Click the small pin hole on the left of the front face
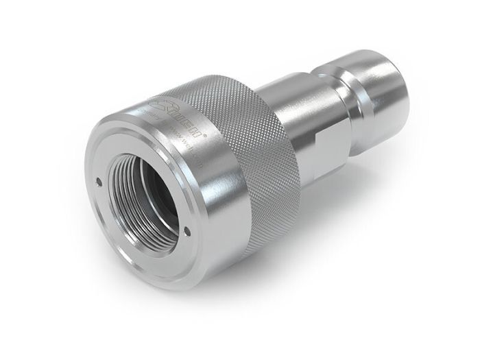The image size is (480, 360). point(99,182)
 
